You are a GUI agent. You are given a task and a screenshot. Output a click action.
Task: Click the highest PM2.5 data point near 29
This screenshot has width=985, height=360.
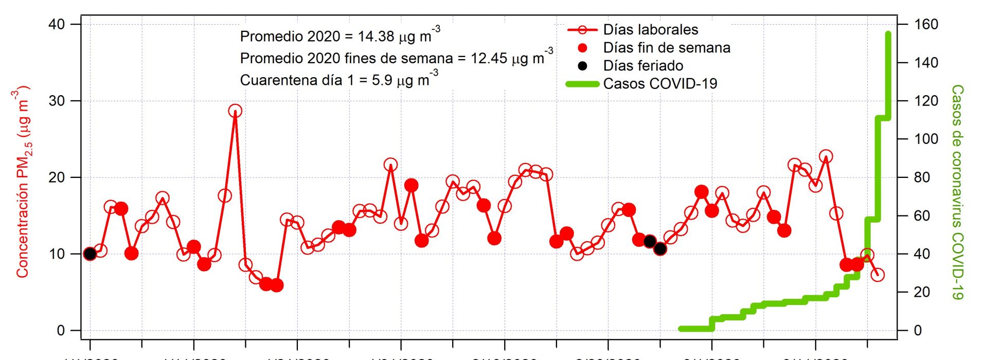(x=235, y=111)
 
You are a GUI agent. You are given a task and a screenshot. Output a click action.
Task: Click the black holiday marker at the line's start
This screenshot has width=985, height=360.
(x=90, y=254)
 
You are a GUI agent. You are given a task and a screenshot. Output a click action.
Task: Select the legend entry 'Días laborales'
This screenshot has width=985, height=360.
(x=650, y=30)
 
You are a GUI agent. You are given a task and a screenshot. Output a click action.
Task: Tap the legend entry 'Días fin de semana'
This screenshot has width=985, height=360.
(x=666, y=48)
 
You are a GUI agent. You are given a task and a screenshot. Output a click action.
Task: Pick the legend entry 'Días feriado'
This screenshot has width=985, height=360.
(x=643, y=66)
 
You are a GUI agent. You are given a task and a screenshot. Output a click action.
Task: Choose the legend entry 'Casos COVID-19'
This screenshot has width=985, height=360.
(x=660, y=84)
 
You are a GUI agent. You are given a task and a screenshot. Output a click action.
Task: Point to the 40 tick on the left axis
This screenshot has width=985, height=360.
(x=57, y=24)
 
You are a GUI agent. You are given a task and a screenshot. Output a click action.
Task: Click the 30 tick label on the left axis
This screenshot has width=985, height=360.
(x=57, y=101)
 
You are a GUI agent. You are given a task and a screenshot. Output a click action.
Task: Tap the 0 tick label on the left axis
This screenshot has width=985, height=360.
(x=61, y=330)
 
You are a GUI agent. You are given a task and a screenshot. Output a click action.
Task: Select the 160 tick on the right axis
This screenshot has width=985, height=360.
(x=926, y=24)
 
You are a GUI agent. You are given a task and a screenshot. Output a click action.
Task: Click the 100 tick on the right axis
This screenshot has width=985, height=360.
(x=926, y=139)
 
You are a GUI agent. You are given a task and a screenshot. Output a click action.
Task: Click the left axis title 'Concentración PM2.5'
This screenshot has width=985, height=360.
(x=22, y=183)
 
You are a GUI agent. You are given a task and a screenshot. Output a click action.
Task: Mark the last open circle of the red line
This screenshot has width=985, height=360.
(x=877, y=275)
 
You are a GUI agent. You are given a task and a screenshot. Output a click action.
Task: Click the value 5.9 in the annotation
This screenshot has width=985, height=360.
(x=382, y=81)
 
